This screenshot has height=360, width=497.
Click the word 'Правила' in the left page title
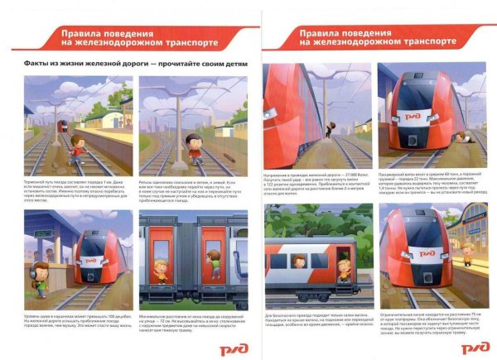pyautogui.click(x=84, y=31)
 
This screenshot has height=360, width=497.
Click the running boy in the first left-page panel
pyautogui.click(x=75, y=152)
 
